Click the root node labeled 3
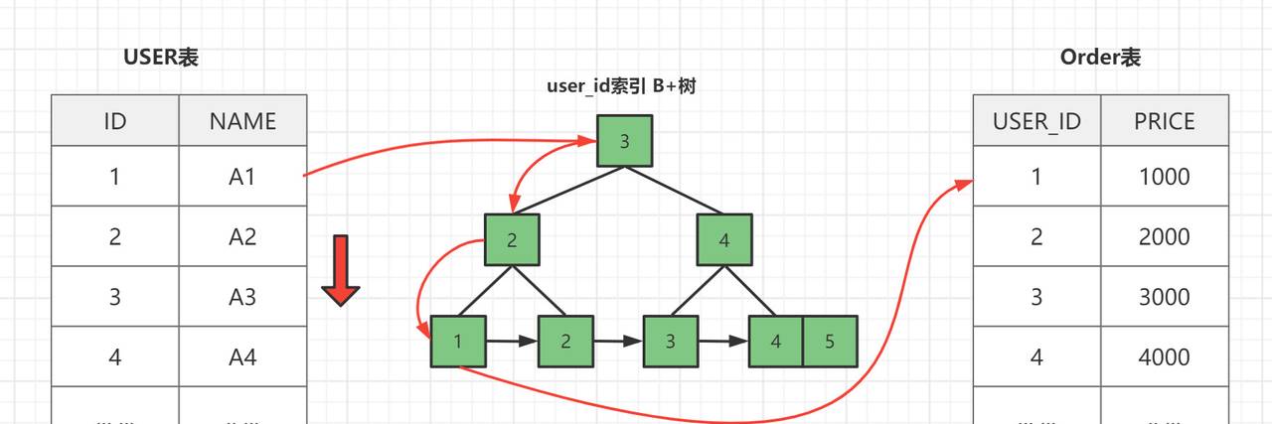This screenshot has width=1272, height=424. [x=624, y=141]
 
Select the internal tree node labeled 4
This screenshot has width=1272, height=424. [x=724, y=240]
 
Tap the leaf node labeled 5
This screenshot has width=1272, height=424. [x=830, y=342]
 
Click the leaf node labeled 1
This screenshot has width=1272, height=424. [x=458, y=342]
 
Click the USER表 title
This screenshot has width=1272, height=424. [x=161, y=58]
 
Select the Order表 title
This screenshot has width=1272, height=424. [x=1100, y=58]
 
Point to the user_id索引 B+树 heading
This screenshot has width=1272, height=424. [x=621, y=86]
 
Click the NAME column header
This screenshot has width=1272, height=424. [x=242, y=121]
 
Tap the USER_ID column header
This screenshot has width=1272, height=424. [x=1036, y=121]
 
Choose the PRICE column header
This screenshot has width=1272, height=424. [x=1164, y=121]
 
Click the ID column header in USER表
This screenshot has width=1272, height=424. [x=115, y=121]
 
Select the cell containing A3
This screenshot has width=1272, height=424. [x=242, y=297]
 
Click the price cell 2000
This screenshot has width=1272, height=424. [x=1164, y=236]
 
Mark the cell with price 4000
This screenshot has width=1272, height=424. [x=1164, y=356]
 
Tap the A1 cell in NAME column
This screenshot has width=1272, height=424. [x=242, y=177]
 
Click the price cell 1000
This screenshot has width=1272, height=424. [x=1164, y=177]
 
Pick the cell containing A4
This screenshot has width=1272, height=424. [x=242, y=356]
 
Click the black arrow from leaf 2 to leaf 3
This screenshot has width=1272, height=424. [x=618, y=342]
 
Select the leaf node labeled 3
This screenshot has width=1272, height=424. [x=671, y=342]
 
